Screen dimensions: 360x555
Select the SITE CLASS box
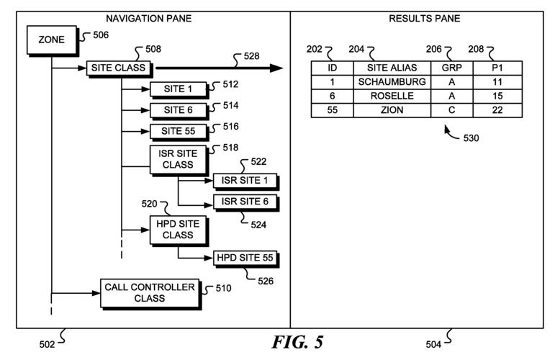pyautogui.click(x=118, y=68)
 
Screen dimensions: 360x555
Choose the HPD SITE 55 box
pyautogui.click(x=245, y=258)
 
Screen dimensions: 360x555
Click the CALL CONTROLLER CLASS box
pyautogui.click(x=150, y=292)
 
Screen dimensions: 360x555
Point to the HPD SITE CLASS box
pyautogui.click(x=178, y=230)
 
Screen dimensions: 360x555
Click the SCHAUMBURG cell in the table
pyautogui.click(x=392, y=82)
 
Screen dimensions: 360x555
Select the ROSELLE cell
pyautogui.click(x=392, y=96)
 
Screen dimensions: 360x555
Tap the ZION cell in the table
pyautogui.click(x=392, y=111)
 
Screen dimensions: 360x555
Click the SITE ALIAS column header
pyautogui.click(x=392, y=68)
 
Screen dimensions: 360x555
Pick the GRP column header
pyautogui.click(x=451, y=68)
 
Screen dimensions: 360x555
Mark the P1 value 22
pyautogui.click(x=497, y=111)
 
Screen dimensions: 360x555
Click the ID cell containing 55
pyautogui.click(x=332, y=111)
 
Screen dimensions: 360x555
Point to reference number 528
pyautogui.click(x=251, y=55)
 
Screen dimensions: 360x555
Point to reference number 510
pyautogui.click(x=223, y=289)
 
